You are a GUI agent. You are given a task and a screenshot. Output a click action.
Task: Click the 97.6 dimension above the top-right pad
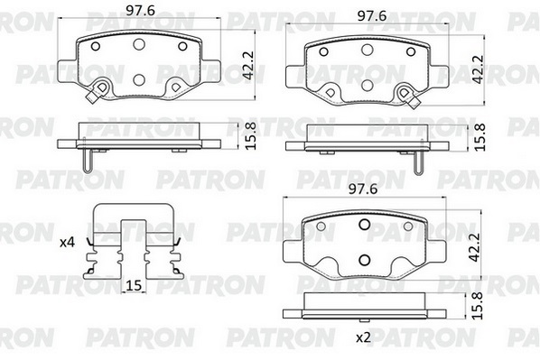372,16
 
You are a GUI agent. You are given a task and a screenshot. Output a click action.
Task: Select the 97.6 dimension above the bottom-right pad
363,189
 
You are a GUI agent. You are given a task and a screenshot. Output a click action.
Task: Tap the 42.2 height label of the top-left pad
248,66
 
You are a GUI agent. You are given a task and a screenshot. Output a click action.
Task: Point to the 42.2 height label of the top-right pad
478,69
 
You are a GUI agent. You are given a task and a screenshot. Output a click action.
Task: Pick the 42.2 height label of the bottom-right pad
475,247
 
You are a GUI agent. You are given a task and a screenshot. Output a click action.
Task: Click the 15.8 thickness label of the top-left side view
251,136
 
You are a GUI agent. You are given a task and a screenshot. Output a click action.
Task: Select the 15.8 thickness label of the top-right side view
479,137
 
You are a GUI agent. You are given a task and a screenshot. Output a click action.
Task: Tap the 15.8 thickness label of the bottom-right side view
478,306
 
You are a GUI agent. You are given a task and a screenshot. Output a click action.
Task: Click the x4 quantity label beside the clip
67,243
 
